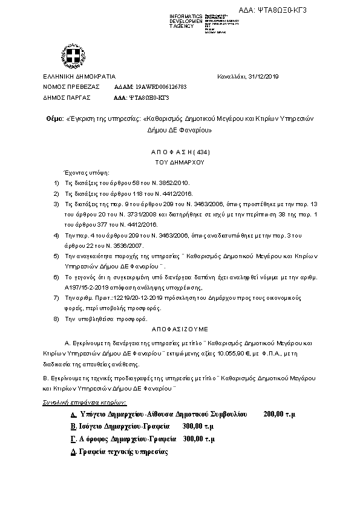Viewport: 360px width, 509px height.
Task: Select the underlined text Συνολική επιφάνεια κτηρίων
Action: [83, 402]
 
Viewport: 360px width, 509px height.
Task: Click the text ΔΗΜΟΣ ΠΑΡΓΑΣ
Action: [67, 97]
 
